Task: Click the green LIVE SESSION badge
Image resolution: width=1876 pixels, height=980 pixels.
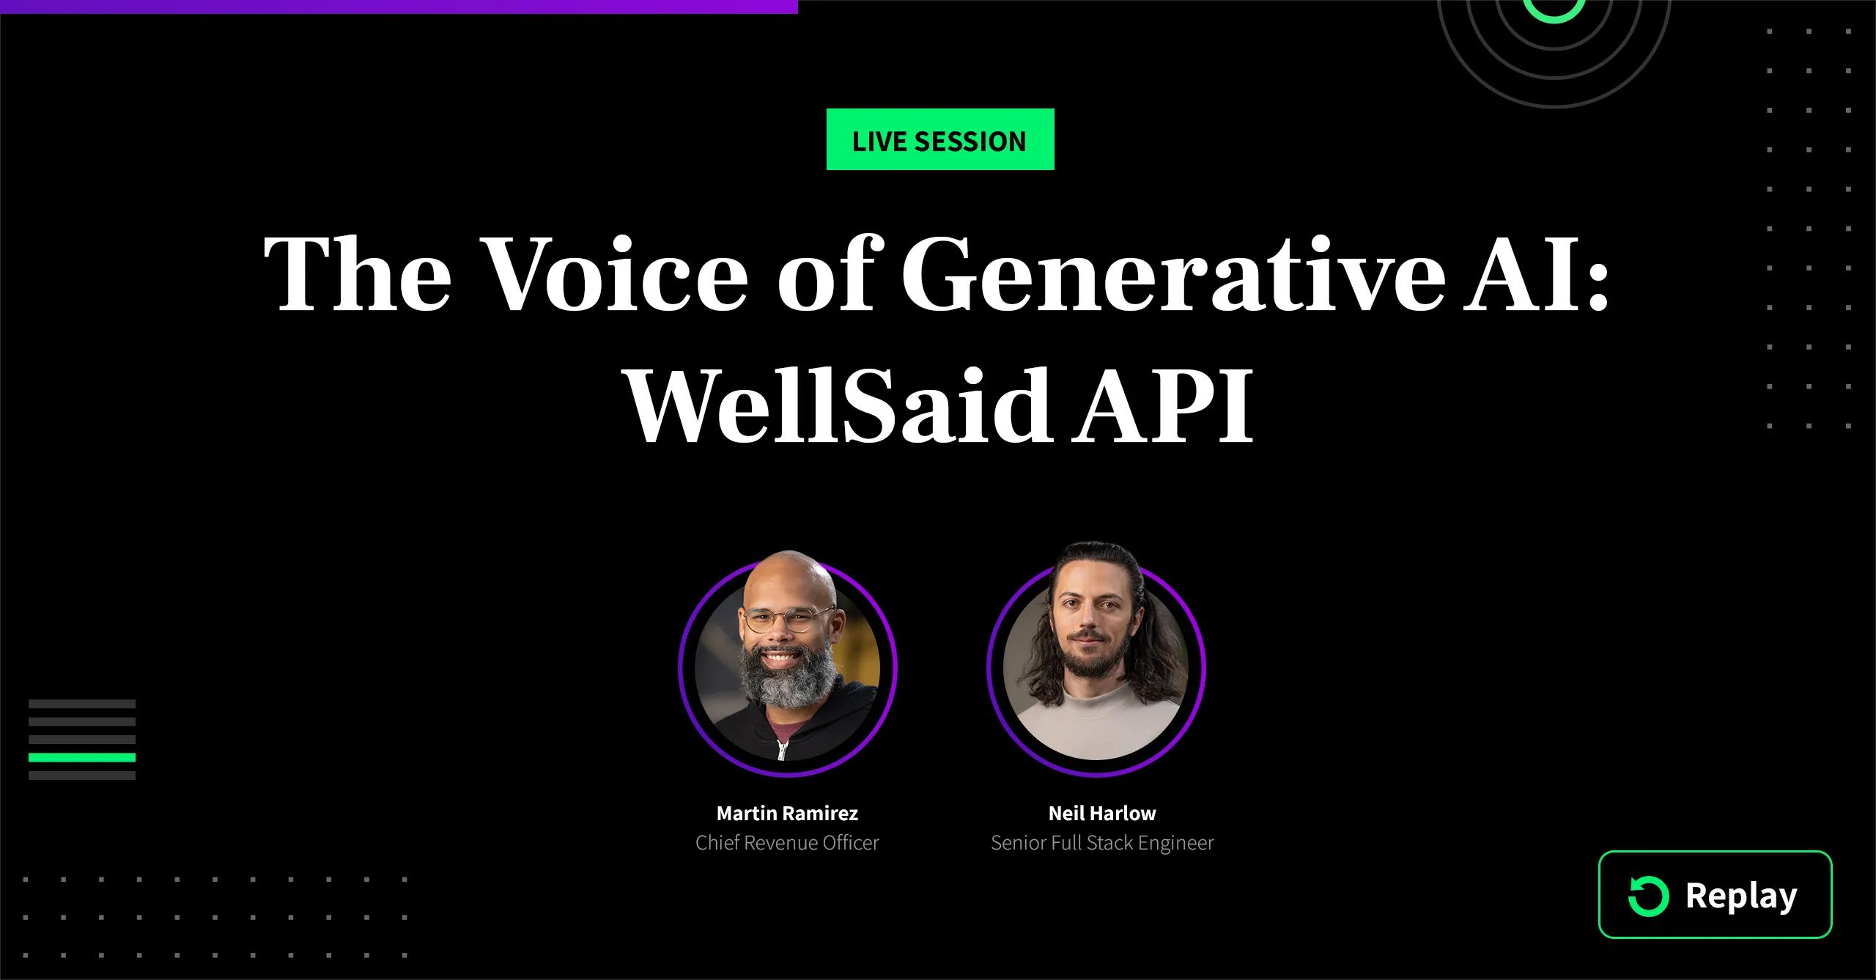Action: pos(940,139)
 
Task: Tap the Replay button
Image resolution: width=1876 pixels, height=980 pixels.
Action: pos(1715,894)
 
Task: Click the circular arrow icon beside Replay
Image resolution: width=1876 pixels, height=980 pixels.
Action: pos(1648,896)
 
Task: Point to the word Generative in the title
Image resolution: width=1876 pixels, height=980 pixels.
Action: pos(1172,273)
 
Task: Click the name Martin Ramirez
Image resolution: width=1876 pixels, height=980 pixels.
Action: pos(787,813)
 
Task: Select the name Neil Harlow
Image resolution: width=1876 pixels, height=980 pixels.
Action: pos(1102,813)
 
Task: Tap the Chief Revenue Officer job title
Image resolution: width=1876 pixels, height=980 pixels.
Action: pos(787,843)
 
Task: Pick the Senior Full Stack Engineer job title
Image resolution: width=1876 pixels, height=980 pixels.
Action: pos(1102,843)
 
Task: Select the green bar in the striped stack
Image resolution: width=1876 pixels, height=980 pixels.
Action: pos(82,757)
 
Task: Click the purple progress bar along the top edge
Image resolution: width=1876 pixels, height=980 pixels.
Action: pos(399,6)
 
